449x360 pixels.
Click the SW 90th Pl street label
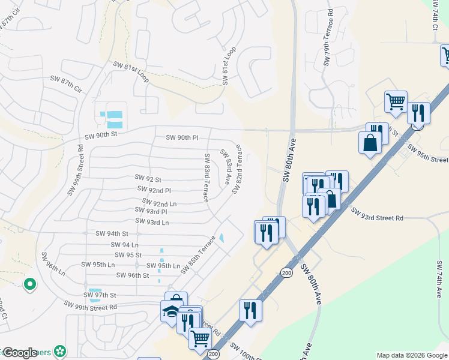pyautogui.click(x=182, y=138)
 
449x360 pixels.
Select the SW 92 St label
pyautogui.click(x=147, y=179)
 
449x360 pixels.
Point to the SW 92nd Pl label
pyautogui.click(x=154, y=190)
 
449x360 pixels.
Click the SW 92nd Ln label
pyautogui.click(x=159, y=203)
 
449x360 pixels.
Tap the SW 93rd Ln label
pyautogui.click(x=152, y=222)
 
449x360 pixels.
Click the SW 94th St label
pyautogui.click(x=112, y=233)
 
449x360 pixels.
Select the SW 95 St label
pyautogui.click(x=128, y=255)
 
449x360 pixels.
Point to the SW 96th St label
pyautogui.click(x=133, y=275)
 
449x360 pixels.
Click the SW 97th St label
pyautogui.click(x=100, y=295)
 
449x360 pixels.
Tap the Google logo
pyautogui.click(x=20, y=353)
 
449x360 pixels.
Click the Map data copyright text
pyautogui.click(x=412, y=355)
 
